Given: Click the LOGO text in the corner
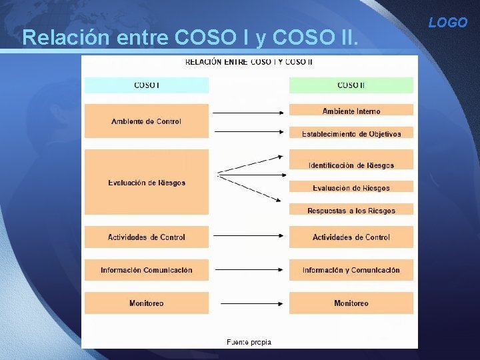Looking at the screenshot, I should (448, 23).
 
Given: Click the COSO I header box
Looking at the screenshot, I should (146, 85).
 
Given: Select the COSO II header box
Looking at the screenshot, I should (351, 85).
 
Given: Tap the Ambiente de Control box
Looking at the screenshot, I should (146, 121).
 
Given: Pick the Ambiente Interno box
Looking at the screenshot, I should (351, 111).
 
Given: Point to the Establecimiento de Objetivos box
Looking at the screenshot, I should (351, 133).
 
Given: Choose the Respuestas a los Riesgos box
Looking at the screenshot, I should (351, 210).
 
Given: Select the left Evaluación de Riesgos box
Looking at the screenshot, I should (146, 183).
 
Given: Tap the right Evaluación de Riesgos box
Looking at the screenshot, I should (351, 187).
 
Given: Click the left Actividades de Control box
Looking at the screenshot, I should (146, 237).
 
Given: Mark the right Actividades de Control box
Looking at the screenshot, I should (351, 237).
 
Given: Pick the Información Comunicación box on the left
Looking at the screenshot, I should (146, 270).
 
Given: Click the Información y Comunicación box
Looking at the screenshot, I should (351, 270).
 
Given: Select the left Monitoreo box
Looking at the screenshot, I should (146, 303).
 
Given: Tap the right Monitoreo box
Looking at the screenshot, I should (351, 303).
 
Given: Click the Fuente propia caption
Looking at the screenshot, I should (249, 342).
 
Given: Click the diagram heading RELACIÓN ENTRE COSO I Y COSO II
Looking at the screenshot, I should (249, 62).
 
